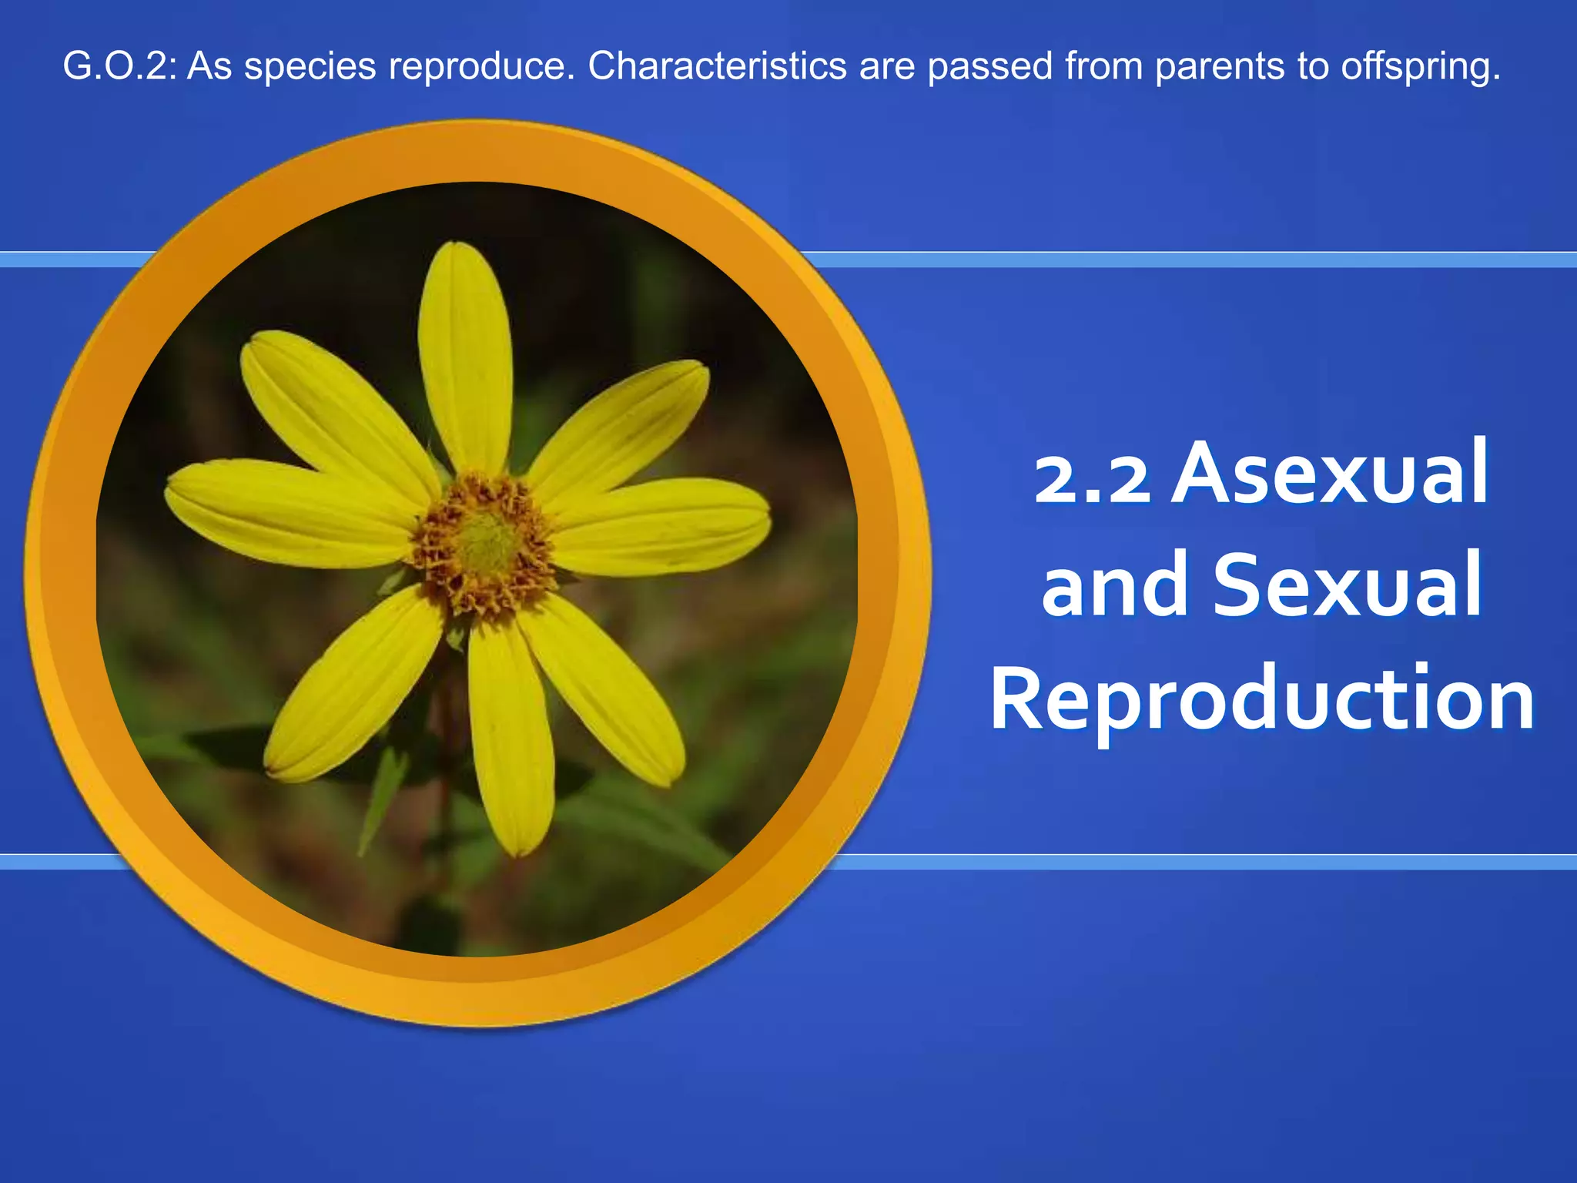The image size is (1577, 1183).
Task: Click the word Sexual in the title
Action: [1347, 585]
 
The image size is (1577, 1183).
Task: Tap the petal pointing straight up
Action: [464, 354]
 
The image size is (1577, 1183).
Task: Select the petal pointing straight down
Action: [511, 739]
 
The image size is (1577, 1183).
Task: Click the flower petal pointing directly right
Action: [662, 525]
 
